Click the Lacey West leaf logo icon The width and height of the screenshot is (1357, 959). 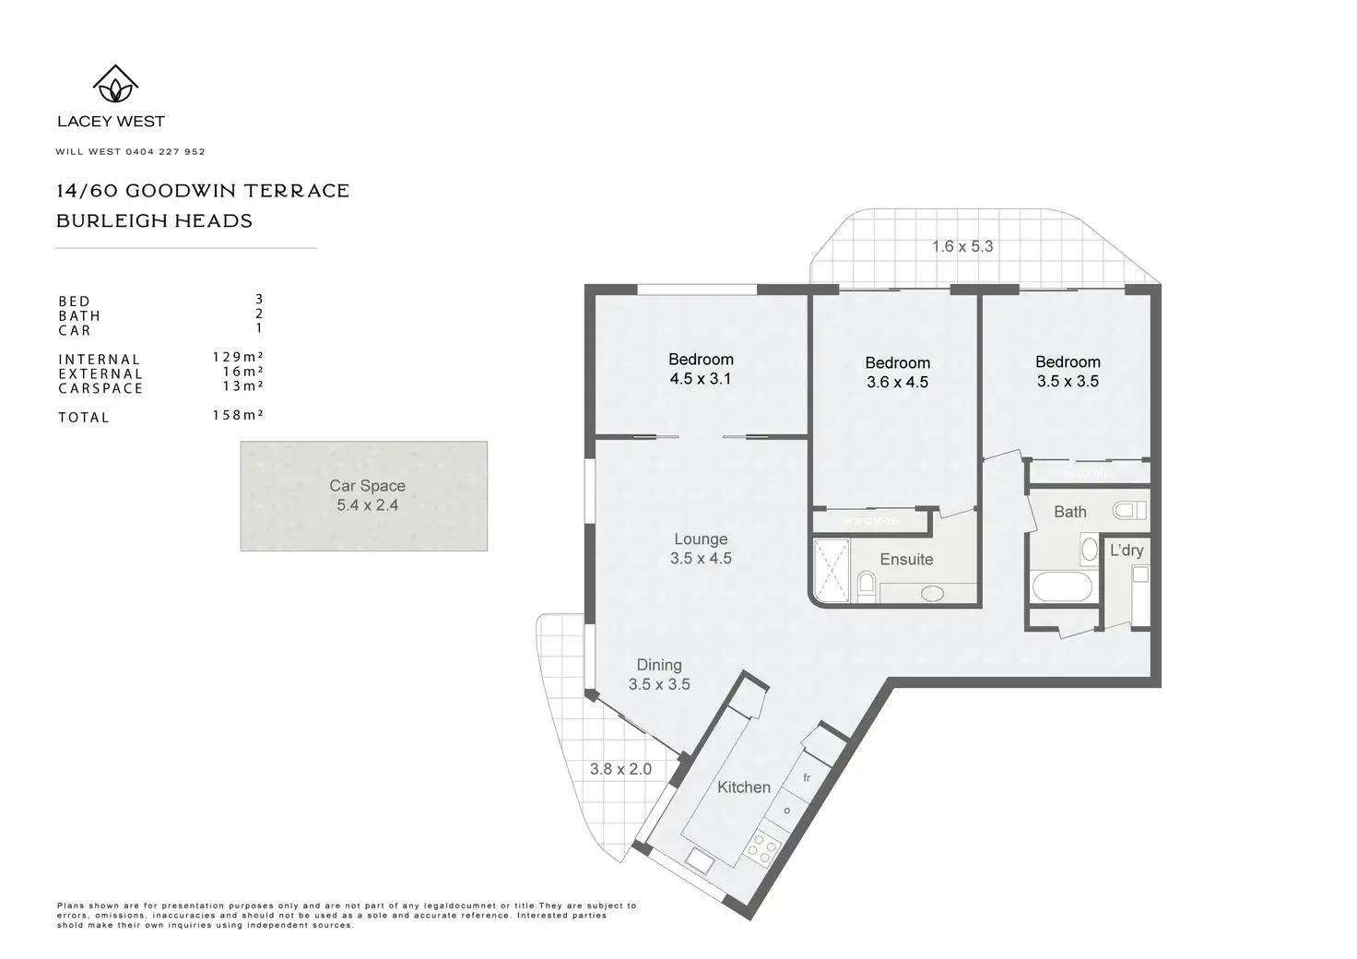click(115, 84)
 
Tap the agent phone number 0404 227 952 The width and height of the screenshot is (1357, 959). click(166, 151)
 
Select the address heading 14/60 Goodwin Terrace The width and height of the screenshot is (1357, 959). click(203, 191)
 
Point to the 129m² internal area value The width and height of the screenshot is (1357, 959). click(238, 357)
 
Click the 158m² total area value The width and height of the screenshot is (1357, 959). click(238, 415)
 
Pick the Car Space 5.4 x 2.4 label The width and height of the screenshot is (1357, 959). click(367, 495)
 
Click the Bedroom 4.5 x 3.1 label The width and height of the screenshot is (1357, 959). click(701, 369)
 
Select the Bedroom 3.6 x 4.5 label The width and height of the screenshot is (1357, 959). click(897, 373)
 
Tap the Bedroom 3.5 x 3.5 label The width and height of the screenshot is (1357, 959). click(1068, 372)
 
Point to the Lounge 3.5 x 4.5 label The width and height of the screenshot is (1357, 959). click(701, 549)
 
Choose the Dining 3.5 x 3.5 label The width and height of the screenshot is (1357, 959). click(659, 674)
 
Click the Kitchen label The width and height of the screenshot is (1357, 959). click(744, 787)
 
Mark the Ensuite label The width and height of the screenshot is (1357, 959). click(906, 560)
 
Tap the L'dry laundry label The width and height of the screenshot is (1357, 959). click(1127, 551)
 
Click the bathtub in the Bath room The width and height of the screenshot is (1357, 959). click(1063, 586)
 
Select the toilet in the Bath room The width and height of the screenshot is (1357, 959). click(1128, 510)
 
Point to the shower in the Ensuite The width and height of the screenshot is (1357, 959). click(832, 572)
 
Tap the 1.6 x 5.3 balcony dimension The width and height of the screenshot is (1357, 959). click(962, 246)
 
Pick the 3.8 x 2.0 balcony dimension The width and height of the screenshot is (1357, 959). click(620, 769)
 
